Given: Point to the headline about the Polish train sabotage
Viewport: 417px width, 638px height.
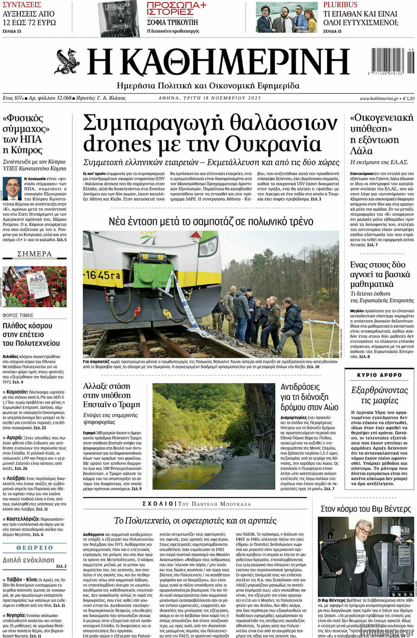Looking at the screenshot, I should tap(211, 221).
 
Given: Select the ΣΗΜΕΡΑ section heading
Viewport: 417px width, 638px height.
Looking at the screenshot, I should tap(35, 254).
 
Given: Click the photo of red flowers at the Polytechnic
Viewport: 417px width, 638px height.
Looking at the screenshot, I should tap(35, 286).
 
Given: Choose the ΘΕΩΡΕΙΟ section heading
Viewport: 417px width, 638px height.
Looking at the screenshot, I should tap(35, 548).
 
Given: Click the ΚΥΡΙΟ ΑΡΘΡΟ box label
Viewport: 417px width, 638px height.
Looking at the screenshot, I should tap(379, 374).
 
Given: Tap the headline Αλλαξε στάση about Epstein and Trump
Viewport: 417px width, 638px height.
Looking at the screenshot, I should tap(111, 395).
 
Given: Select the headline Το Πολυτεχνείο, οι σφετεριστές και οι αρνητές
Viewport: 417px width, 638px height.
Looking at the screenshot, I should tap(195, 520).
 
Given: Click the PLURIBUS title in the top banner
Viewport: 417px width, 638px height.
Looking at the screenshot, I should tap(341, 5).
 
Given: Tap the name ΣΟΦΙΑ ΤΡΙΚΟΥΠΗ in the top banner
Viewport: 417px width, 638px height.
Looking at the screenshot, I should tap(172, 22).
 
